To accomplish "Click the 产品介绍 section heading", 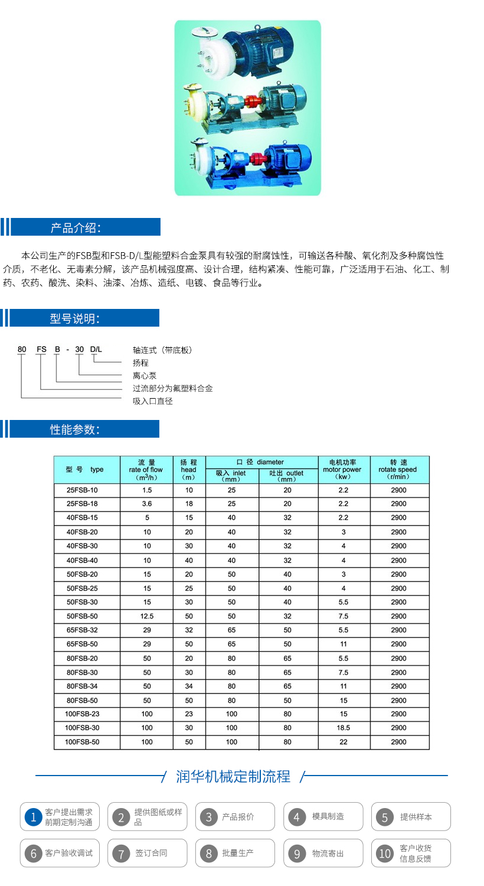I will coord(75,228).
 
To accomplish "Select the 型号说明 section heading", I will coord(74,319).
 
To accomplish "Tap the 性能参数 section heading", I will coord(74,429).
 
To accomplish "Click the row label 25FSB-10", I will coord(83,490).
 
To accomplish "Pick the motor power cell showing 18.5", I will coord(344,728).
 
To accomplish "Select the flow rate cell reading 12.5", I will coord(147,616).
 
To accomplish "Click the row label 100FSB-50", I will coord(83,742).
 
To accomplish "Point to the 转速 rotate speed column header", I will coord(398,470).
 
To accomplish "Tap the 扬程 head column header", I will coord(188,470).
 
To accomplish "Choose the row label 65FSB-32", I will coord(83,630).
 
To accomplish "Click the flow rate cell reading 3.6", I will coord(147,504).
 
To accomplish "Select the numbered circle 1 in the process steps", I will coord(34,817).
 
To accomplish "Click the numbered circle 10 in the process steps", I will coord(385,854).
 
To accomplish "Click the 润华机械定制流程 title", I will coord(233,776).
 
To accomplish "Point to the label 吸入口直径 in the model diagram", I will coord(153,401).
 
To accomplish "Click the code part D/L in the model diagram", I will coord(96,350).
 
